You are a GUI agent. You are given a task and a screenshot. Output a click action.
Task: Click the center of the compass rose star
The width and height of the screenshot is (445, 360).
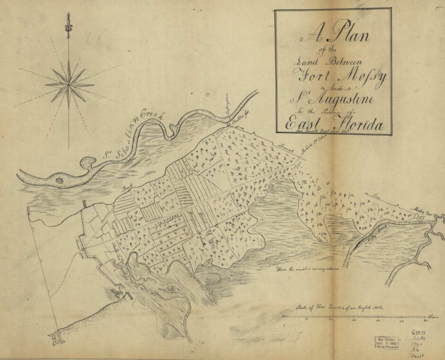pos(70,85)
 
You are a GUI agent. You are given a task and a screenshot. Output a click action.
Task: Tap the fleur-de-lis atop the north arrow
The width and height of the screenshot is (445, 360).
pos(69,25)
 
